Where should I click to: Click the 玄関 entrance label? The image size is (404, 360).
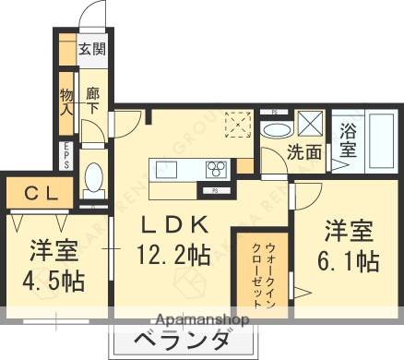coord(91,50)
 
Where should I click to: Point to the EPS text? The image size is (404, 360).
coord(66,153)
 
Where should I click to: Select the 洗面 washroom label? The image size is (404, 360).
coord(303,152)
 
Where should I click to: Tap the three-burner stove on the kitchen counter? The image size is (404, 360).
coord(218,168)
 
